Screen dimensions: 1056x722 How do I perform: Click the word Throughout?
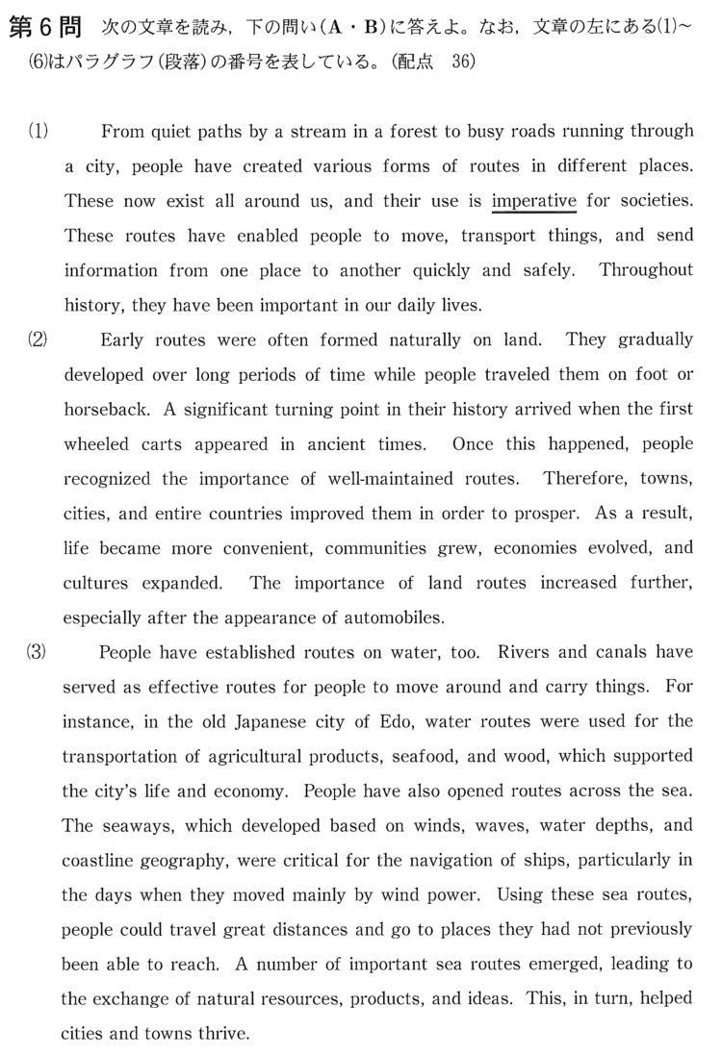(x=646, y=271)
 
